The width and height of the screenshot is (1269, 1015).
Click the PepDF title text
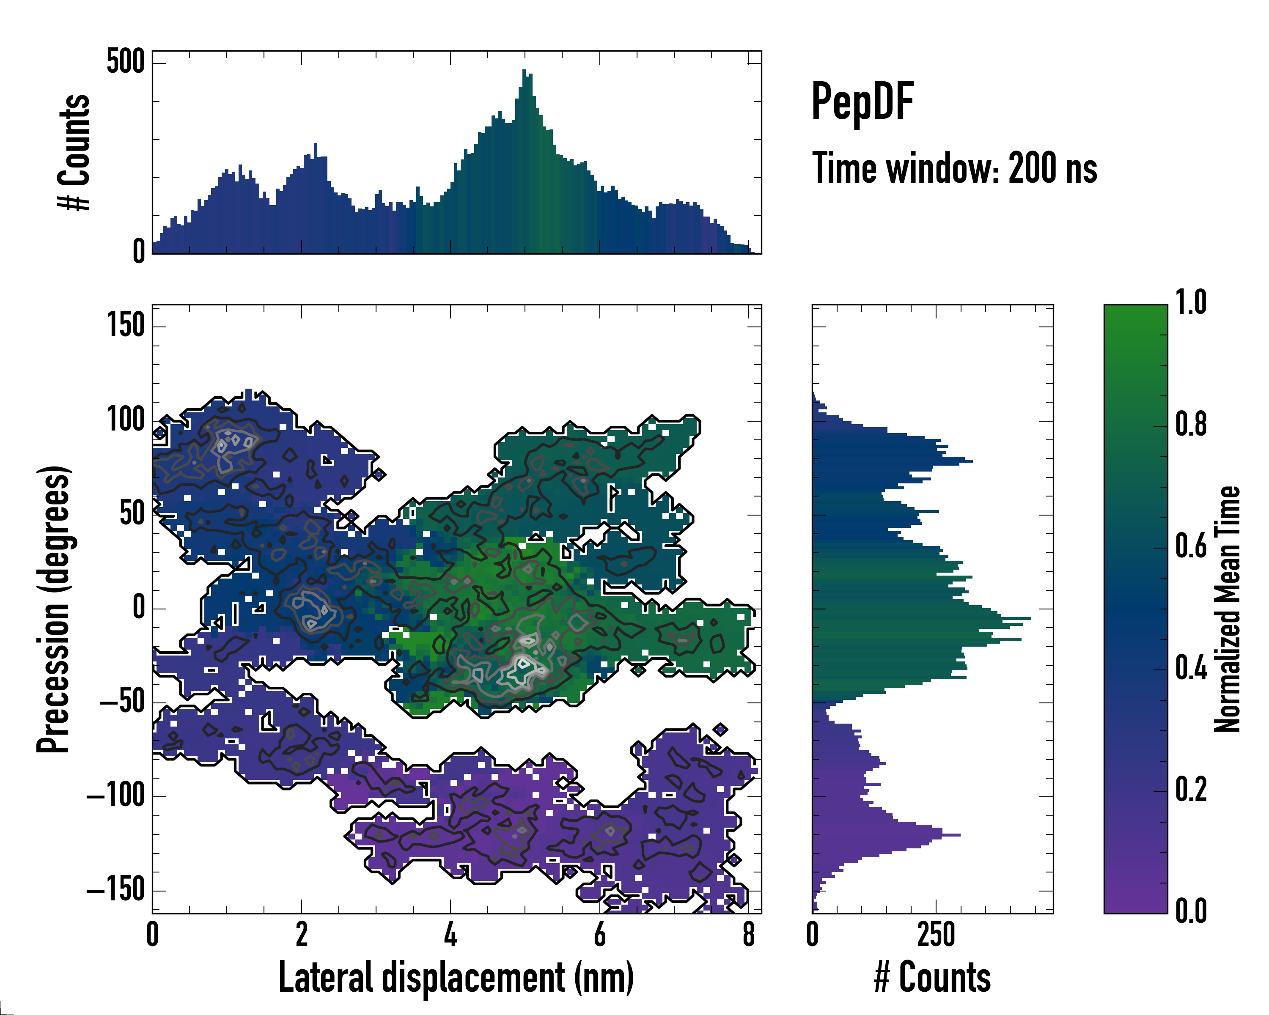click(x=862, y=102)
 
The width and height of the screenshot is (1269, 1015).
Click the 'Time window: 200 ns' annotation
click(x=954, y=169)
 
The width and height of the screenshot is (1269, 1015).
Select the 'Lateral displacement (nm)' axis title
click(x=456, y=977)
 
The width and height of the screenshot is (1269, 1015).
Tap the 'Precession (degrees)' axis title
click(x=54, y=609)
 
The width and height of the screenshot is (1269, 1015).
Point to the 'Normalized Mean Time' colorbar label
click(x=1227, y=609)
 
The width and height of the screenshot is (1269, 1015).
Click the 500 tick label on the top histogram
click(x=125, y=62)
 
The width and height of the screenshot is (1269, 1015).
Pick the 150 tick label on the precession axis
click(x=125, y=325)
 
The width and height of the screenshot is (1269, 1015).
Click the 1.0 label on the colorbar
click(x=1191, y=304)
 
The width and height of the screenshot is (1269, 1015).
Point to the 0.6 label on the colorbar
click(x=1191, y=547)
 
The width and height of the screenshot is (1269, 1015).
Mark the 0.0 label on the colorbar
click(x=1191, y=911)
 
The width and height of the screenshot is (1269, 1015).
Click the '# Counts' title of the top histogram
click(x=75, y=152)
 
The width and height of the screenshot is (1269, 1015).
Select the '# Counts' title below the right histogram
click(x=932, y=977)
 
